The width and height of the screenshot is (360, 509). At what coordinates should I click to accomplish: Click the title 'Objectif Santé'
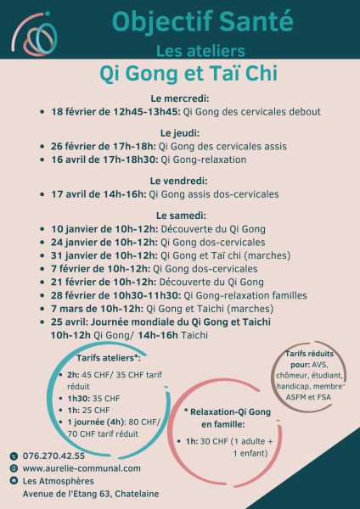tap(202, 19)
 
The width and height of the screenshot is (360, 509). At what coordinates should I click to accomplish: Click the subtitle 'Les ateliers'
tap(202, 50)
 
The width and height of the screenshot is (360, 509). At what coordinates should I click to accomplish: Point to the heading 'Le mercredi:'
tap(179, 98)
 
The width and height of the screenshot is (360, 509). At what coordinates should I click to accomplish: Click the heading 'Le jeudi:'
tap(179, 133)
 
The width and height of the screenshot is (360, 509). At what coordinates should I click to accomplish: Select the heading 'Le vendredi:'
tap(179, 181)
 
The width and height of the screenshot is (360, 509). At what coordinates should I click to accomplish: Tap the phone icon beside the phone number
tap(14, 455)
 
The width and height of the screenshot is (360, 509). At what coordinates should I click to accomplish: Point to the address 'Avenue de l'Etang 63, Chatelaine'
tap(91, 494)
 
